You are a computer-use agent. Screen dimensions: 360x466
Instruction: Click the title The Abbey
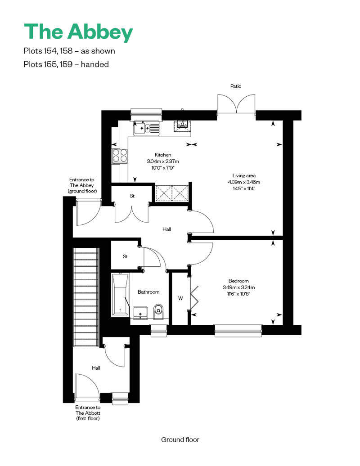point(78,32)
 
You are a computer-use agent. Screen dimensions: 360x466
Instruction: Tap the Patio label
point(236,86)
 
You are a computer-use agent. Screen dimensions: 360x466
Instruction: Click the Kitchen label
point(163,155)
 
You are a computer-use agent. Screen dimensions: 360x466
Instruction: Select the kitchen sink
point(147,128)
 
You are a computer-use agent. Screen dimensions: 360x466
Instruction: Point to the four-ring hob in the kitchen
point(120,156)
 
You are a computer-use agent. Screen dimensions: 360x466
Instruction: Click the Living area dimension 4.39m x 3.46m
point(244,182)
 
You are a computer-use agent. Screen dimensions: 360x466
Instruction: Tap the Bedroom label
point(238,281)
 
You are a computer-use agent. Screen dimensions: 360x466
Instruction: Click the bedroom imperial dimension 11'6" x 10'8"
point(238,294)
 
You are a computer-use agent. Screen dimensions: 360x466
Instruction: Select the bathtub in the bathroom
point(121,295)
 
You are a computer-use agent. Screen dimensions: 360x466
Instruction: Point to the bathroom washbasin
point(140,313)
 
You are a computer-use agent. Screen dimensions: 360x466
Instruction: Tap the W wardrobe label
point(180,298)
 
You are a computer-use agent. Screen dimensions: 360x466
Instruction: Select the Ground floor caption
point(180,439)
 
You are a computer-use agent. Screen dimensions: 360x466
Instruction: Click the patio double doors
point(237,104)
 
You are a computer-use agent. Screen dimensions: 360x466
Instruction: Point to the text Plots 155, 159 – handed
point(66,64)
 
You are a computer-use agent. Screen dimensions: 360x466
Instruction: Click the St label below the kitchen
point(132,196)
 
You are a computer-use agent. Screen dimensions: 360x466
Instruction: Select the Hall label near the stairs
point(96,368)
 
